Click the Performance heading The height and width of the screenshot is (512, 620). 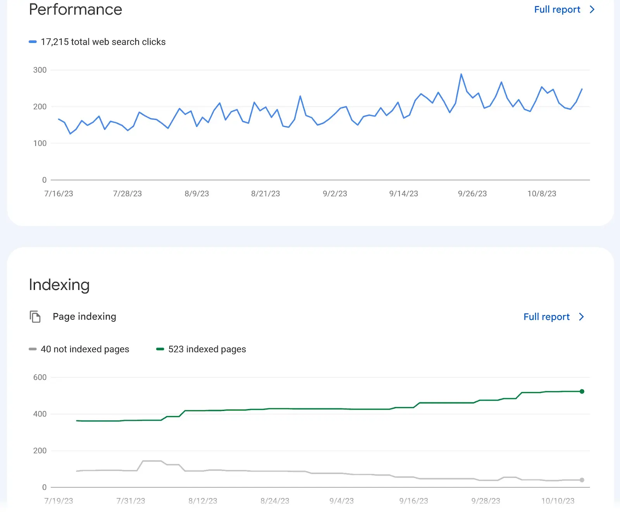point(76,10)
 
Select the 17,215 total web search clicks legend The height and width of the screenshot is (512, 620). point(103,42)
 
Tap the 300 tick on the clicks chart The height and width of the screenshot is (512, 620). point(40,70)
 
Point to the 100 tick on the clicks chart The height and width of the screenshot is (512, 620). point(40,143)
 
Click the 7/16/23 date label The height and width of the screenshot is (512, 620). point(59,193)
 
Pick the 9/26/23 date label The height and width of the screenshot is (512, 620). point(472,193)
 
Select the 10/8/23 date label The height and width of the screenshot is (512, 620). point(541,193)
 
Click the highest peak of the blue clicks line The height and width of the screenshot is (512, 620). point(461,74)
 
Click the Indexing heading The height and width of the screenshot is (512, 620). point(59,285)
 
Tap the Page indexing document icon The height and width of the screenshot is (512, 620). point(35,317)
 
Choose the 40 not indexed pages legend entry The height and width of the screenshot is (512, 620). point(84,349)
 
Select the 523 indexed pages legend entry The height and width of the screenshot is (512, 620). point(207,349)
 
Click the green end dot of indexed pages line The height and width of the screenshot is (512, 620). point(582,391)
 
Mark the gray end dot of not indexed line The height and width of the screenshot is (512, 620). point(582,480)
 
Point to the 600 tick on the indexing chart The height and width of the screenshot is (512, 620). point(40,377)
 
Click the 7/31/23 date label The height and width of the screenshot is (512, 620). point(131,501)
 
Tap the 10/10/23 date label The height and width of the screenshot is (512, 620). point(558,501)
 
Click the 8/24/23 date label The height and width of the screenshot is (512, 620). point(275,501)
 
